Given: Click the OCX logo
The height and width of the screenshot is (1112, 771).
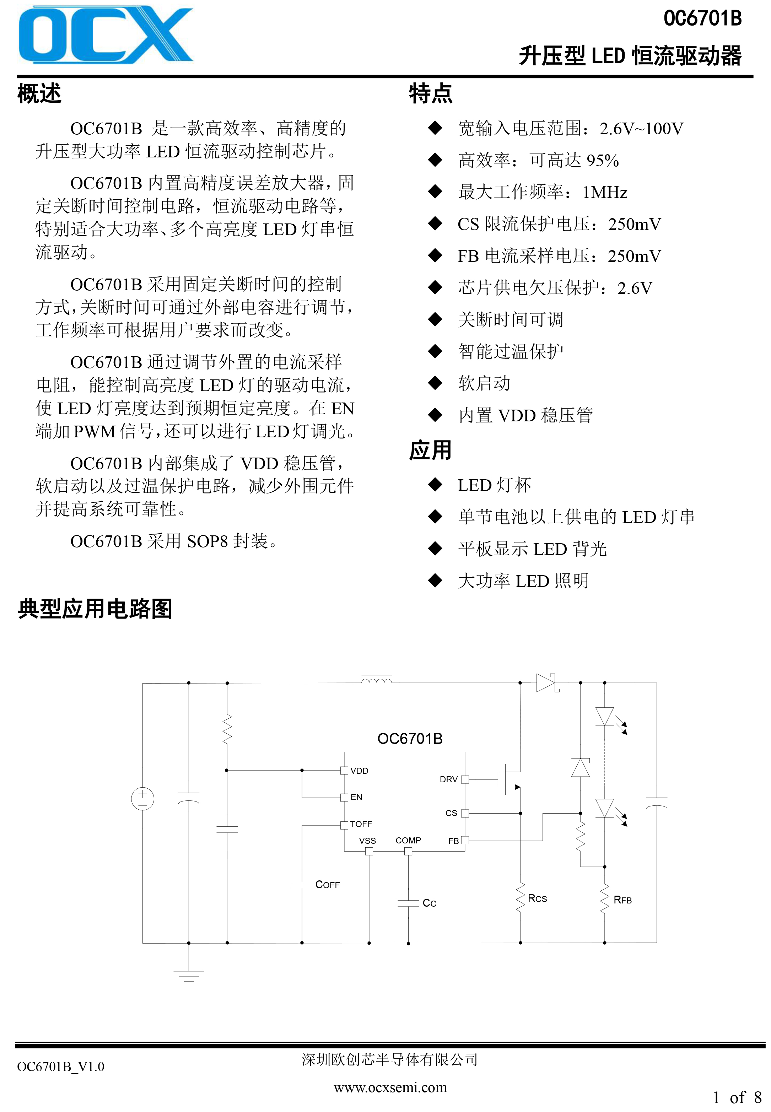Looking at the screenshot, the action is pos(106,35).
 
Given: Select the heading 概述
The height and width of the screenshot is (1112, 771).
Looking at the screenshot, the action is pos(39,93).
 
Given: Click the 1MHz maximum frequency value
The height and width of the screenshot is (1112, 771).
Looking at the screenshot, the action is pos(605,192).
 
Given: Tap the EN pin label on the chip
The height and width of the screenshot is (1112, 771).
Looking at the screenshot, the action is pos(356,797).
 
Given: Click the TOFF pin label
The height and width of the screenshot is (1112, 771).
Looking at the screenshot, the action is pos(361,824).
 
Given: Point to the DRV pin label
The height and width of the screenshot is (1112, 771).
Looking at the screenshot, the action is pos(448,779).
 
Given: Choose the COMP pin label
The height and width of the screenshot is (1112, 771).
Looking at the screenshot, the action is pos(408,840).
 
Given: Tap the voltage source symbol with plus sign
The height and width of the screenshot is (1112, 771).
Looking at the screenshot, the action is pos(142,799).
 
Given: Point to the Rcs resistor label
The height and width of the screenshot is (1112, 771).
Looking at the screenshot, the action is pos(537,898).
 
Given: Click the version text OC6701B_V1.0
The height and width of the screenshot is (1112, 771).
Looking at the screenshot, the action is pos(60,1067).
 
